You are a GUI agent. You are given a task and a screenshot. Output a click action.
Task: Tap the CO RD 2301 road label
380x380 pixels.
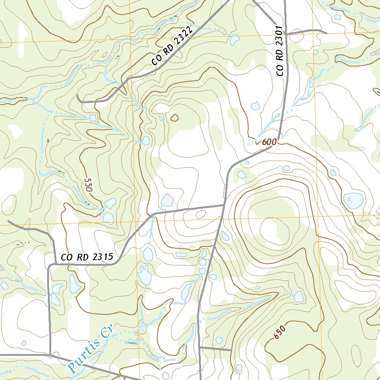tap(281, 51)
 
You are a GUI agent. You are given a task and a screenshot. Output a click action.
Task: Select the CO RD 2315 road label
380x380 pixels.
tap(86, 257)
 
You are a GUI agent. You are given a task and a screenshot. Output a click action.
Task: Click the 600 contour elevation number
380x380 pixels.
tap(269, 142)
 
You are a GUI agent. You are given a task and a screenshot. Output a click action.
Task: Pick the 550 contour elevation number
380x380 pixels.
tap(88, 184)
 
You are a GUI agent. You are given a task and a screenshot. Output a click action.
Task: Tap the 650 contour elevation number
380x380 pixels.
tap(280, 332)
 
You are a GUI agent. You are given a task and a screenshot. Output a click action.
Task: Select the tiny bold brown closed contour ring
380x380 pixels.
tap(174, 118)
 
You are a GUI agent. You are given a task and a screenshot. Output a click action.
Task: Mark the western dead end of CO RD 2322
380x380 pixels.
tap(78, 96)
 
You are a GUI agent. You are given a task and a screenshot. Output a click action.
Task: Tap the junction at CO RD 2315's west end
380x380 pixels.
tap(49, 265)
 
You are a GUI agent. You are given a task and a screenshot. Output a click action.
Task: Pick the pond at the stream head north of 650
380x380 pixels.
tap(299, 296)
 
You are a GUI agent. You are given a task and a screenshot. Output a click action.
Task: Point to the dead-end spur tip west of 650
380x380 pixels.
tap(231, 349)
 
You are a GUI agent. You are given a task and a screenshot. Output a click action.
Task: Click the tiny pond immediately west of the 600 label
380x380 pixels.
tap(250, 143)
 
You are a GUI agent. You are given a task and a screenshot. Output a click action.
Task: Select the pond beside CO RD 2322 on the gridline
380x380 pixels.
tap(235, 39)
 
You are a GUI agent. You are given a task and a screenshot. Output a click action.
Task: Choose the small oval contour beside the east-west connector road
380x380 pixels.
tap(200, 214)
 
